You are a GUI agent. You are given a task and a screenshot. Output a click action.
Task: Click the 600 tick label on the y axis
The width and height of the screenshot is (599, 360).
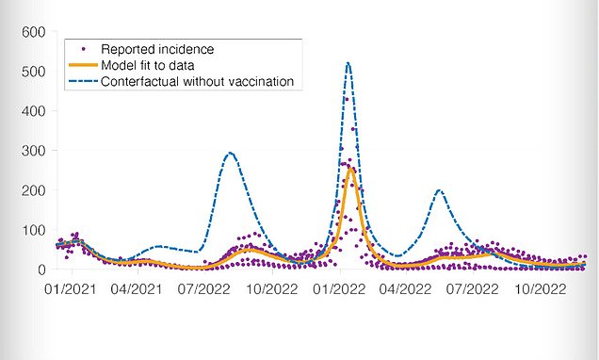point(33,32)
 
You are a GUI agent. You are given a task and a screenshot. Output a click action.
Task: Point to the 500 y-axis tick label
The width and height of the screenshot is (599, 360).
point(33,72)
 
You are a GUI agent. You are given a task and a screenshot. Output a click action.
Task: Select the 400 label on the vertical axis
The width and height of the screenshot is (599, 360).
point(33,111)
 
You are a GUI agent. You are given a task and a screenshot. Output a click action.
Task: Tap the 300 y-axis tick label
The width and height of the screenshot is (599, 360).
point(33,151)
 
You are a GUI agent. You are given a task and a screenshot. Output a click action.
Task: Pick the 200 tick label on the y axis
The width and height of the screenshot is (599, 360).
point(33,190)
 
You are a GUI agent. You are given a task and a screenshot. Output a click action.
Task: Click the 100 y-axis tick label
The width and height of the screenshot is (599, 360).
point(33,230)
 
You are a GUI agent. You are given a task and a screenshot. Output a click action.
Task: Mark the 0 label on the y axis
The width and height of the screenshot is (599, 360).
point(41,270)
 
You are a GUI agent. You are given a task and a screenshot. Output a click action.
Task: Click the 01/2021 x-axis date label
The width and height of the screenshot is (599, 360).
point(71,289)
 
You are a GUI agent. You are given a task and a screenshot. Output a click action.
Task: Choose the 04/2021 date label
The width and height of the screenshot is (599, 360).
point(137,289)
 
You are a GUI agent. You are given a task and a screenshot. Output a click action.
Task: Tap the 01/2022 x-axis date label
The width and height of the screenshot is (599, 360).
point(339,289)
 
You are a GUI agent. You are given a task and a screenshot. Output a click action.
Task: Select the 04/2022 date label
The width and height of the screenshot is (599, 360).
point(405,289)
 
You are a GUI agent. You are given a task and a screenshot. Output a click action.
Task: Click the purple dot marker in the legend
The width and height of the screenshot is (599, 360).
point(84,49)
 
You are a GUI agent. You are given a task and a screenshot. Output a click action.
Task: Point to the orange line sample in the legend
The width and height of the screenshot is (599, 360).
point(83,65)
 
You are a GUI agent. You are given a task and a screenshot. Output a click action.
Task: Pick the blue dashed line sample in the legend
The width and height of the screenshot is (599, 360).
point(83,81)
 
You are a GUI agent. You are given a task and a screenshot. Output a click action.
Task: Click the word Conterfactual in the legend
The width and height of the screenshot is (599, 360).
point(140,81)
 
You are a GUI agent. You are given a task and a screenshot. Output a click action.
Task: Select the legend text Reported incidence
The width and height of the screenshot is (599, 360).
point(157,49)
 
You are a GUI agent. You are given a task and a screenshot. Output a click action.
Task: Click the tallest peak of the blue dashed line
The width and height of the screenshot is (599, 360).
point(348,63)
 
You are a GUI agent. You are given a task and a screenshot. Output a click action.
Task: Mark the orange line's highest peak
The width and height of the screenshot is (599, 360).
point(350,168)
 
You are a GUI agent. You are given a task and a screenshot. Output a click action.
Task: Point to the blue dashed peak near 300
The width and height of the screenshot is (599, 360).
point(230,153)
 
